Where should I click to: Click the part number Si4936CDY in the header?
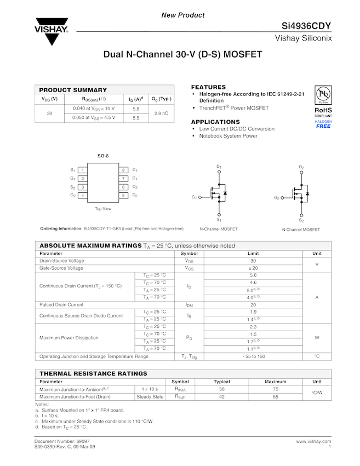click(307, 26)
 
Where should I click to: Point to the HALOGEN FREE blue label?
click(323, 124)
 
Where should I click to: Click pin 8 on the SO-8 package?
click(124, 170)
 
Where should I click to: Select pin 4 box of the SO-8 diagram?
click(82, 195)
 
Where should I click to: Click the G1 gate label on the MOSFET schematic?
click(194, 197)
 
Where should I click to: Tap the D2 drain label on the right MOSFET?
click(301, 167)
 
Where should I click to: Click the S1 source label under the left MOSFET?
click(219, 219)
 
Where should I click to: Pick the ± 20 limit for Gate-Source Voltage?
click(253, 268)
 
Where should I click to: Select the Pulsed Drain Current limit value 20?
click(253, 304)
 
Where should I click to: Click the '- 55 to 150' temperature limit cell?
click(253, 356)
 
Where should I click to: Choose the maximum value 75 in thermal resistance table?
click(275, 389)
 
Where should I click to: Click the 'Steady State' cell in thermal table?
click(150, 396)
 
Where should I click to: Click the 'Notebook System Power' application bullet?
click(228, 136)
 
